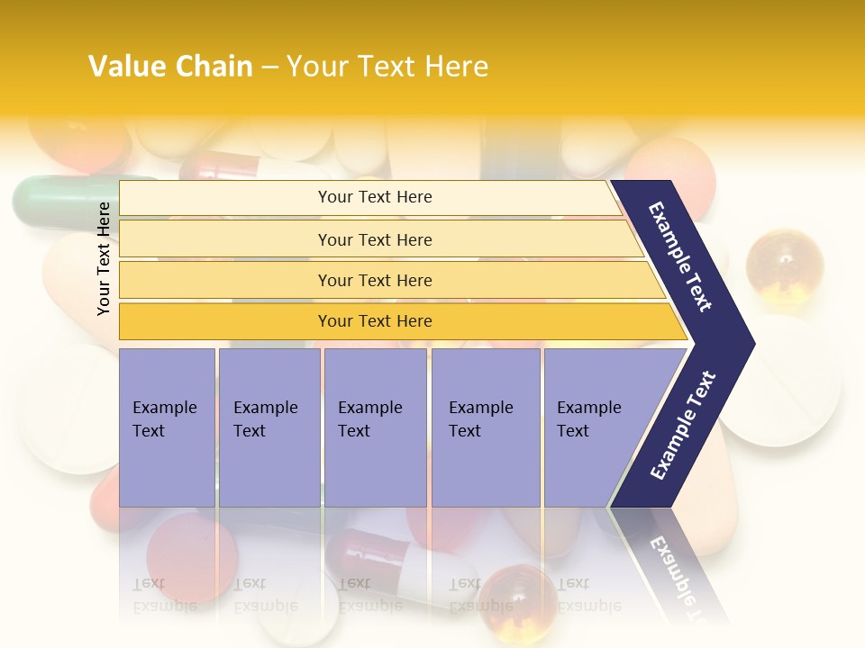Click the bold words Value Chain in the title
[x=170, y=67]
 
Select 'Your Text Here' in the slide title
[x=387, y=67]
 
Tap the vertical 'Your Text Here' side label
[x=104, y=258]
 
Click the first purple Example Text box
[x=167, y=427]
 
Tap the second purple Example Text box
[x=269, y=427]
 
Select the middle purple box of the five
[x=375, y=427]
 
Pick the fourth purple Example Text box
[x=486, y=427]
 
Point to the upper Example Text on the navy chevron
[x=680, y=256]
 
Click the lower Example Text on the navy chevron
[x=683, y=426]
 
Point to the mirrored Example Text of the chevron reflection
[x=685, y=576]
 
